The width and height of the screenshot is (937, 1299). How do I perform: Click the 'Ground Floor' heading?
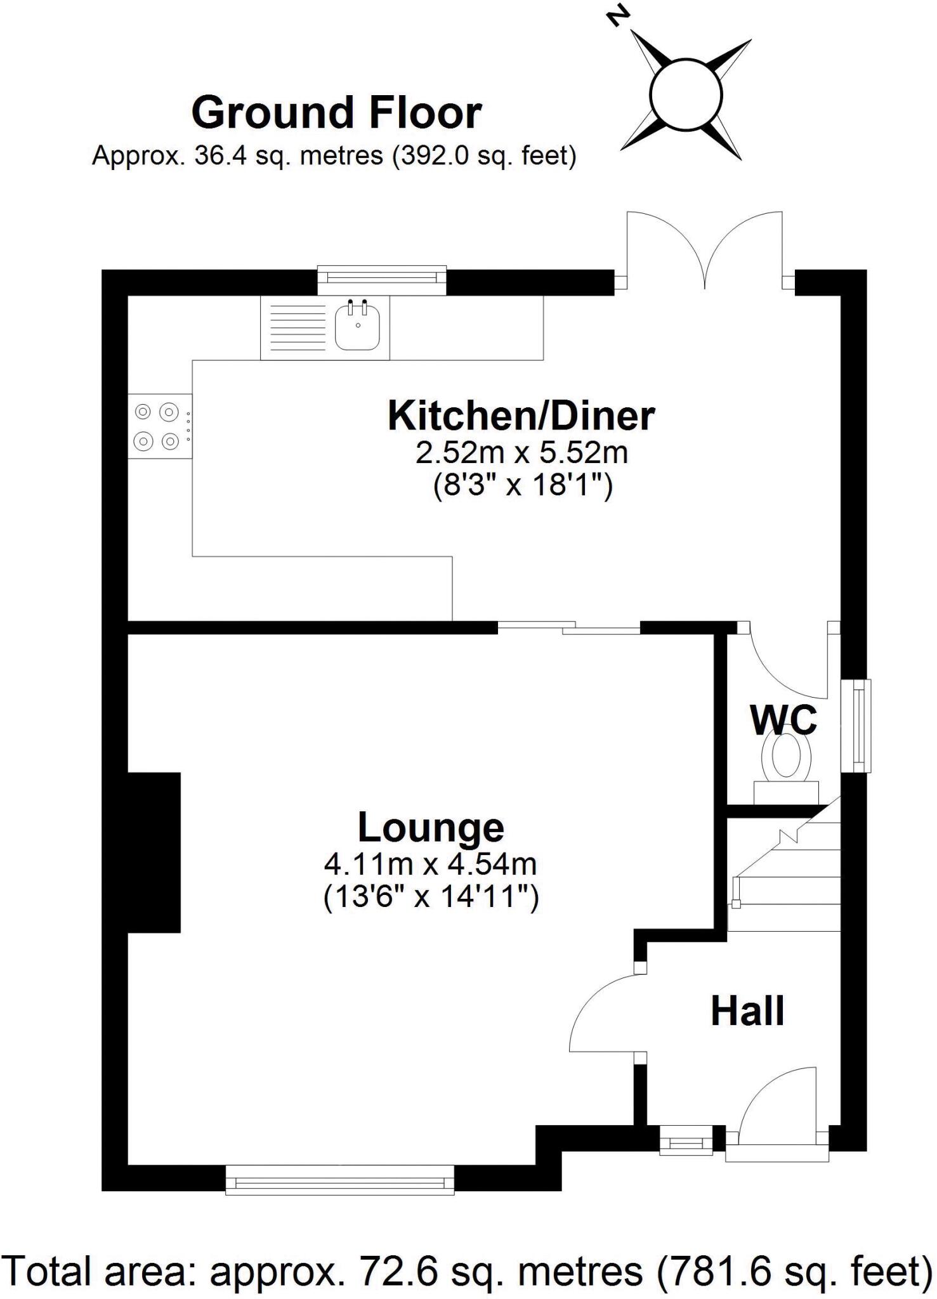(x=336, y=113)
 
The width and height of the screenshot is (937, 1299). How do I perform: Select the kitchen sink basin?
(x=358, y=325)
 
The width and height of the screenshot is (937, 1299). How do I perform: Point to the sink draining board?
(x=297, y=328)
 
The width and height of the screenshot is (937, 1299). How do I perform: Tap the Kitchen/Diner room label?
(x=521, y=416)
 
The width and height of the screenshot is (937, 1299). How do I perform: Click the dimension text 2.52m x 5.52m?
(x=521, y=453)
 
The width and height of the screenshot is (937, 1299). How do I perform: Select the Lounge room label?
(x=431, y=828)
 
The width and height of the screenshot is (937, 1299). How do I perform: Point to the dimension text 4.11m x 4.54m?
(x=431, y=863)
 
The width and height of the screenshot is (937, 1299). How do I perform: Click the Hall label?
(x=747, y=1010)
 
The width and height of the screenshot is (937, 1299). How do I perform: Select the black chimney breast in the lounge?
(x=154, y=852)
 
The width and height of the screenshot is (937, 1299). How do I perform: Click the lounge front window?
(x=340, y=1179)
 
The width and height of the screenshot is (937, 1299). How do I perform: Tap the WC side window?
(x=856, y=726)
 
